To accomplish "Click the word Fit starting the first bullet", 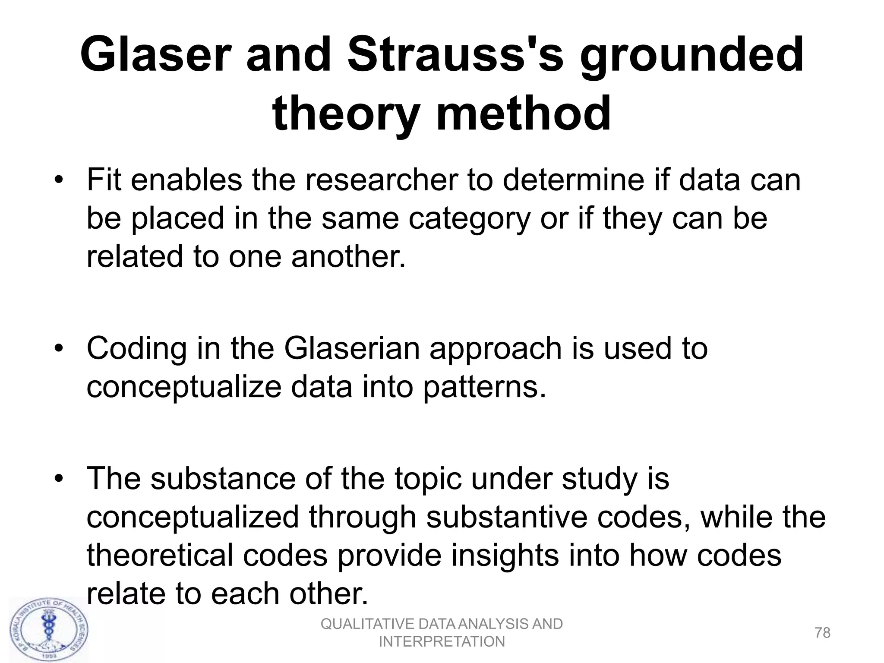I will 104,180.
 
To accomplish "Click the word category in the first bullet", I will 469,218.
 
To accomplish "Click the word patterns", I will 484,387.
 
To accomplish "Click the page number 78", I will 823,633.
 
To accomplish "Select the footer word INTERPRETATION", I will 442,642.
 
